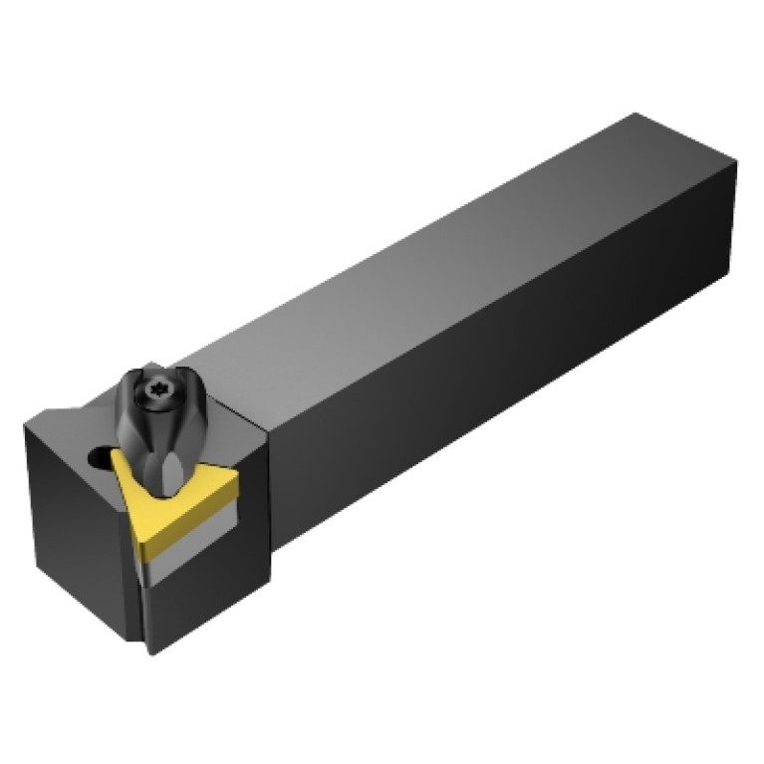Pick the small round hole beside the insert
[x=97, y=460]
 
